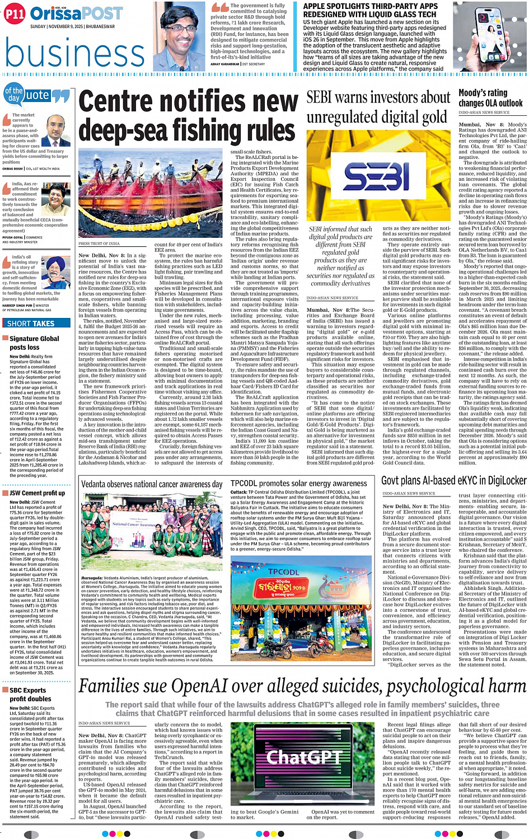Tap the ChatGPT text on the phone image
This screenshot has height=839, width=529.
point(303,757)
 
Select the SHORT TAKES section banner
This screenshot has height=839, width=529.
point(31,323)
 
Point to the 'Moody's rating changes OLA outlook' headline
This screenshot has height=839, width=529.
point(490,98)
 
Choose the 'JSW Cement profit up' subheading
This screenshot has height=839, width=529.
point(37,493)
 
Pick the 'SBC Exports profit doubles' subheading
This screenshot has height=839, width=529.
point(30,694)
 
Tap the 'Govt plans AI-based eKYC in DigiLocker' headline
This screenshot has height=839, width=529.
point(453,481)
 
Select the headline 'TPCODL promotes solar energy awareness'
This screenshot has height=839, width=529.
point(299,483)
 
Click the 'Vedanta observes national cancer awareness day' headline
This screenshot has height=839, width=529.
point(152,484)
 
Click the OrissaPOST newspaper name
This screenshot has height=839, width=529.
point(76,13)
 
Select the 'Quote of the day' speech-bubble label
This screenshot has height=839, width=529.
point(36,96)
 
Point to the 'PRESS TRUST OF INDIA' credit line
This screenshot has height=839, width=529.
point(99,243)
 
